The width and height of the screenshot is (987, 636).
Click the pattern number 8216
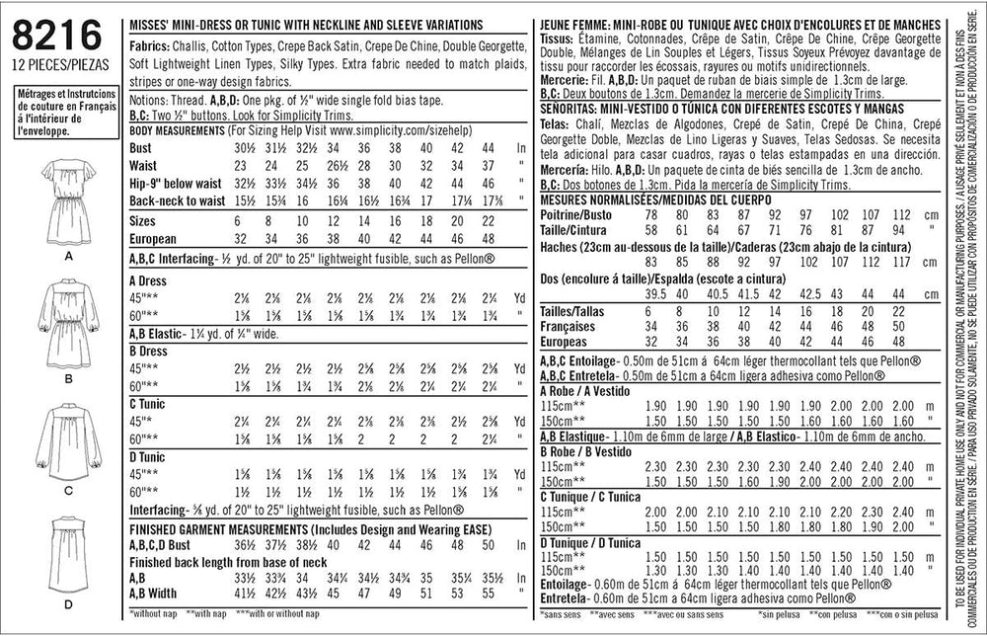pos(57,36)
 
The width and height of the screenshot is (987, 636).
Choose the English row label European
pos(153,238)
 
